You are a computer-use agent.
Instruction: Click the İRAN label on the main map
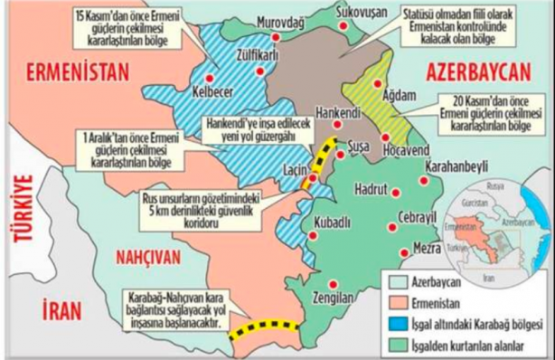click(53, 311)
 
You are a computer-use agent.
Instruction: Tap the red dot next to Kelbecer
click(212, 78)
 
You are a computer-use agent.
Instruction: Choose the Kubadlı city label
click(334, 222)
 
